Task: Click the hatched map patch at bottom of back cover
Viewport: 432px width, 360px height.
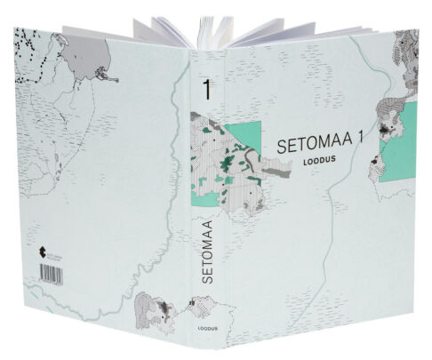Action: click(x=153, y=310)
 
